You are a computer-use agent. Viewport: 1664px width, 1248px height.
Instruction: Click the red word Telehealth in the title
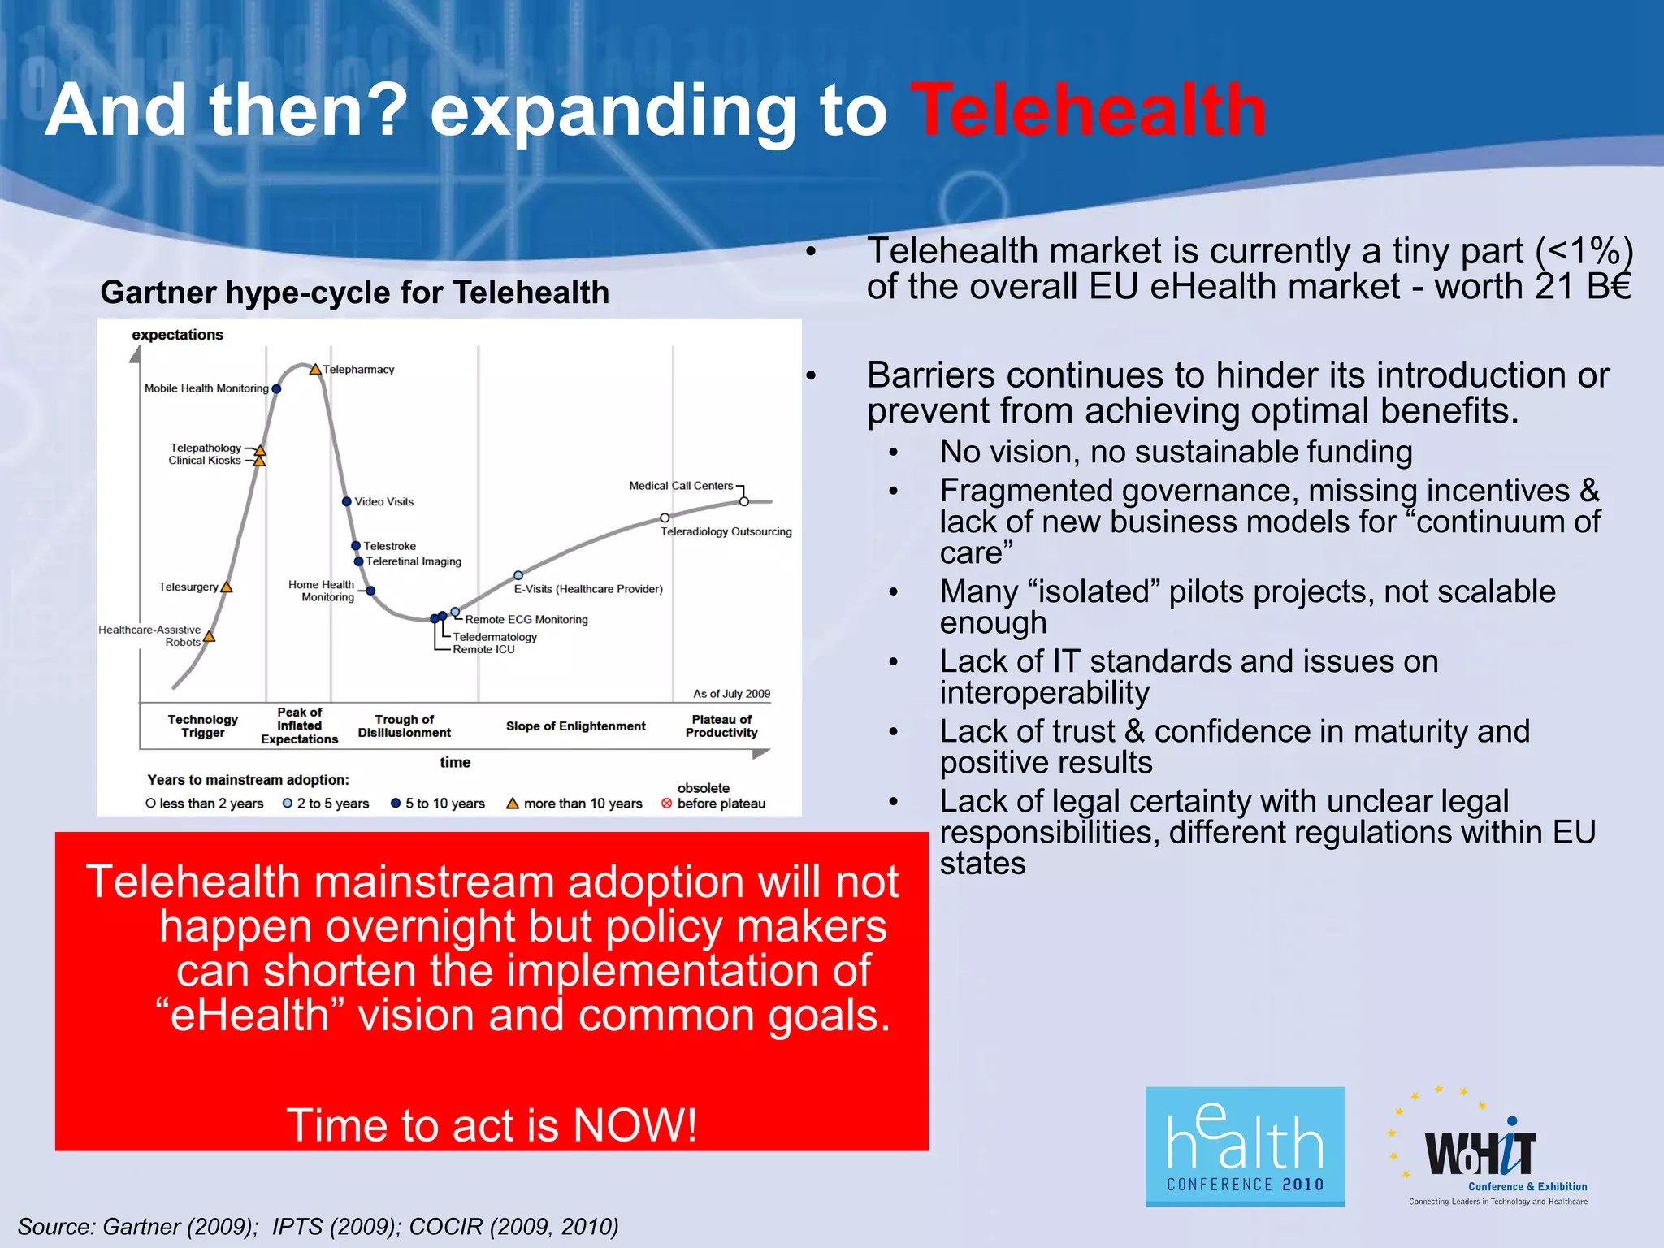tap(1087, 110)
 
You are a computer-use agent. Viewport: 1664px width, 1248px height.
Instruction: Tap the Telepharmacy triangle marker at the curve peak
tap(315, 370)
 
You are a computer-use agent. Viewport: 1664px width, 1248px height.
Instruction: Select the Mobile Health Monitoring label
tap(206, 388)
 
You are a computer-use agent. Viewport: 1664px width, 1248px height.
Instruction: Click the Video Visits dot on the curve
tap(347, 502)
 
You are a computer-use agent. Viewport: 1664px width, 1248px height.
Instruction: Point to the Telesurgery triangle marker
tap(227, 587)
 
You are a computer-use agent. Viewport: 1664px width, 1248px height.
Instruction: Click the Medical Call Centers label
tap(681, 486)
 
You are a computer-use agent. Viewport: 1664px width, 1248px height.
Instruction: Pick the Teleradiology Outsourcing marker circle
tap(665, 518)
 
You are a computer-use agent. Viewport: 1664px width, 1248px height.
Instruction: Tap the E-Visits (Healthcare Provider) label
tap(588, 589)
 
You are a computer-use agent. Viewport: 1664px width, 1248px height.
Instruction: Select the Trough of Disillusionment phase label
tap(404, 726)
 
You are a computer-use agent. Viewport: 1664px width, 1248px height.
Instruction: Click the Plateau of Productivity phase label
tap(721, 726)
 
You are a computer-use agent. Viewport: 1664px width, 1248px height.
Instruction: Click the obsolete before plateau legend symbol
tap(667, 804)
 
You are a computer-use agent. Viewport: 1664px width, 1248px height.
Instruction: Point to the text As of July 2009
tap(731, 694)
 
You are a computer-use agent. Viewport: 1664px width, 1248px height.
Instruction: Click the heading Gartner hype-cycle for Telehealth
tap(354, 292)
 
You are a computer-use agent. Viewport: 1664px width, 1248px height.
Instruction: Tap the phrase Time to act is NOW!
tap(492, 1125)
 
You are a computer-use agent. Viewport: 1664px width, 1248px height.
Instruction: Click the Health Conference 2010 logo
tap(1245, 1146)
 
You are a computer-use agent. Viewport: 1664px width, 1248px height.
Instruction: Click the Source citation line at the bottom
tap(318, 1226)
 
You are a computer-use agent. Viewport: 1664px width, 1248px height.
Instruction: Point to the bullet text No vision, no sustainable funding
tap(1176, 452)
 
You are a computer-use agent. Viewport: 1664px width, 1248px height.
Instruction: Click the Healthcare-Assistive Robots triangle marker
tap(210, 637)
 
